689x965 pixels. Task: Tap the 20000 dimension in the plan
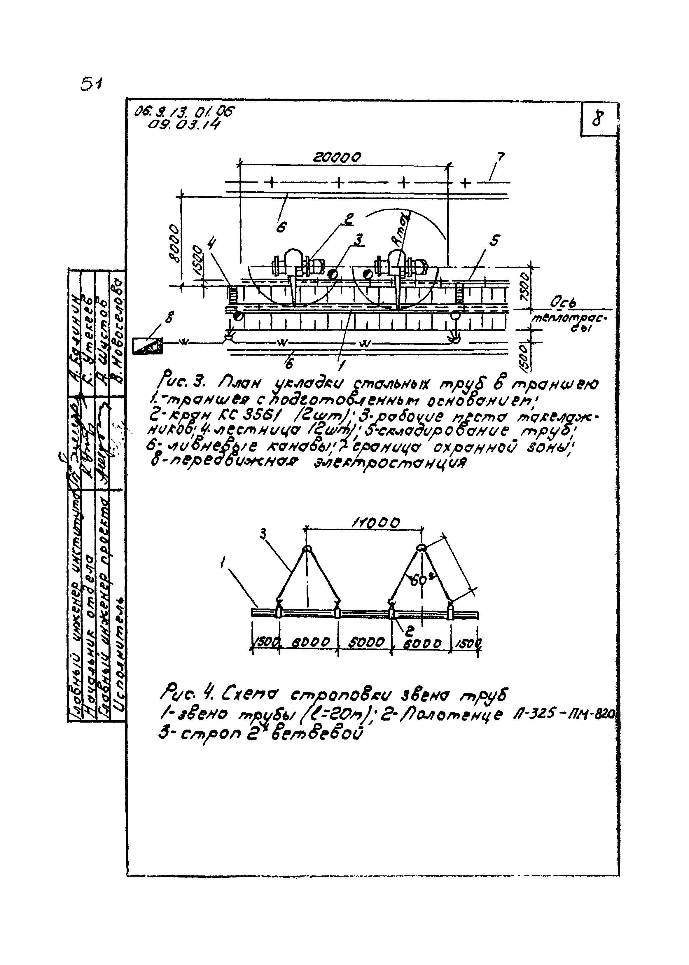(337, 158)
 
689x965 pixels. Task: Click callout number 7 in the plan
(500, 157)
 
